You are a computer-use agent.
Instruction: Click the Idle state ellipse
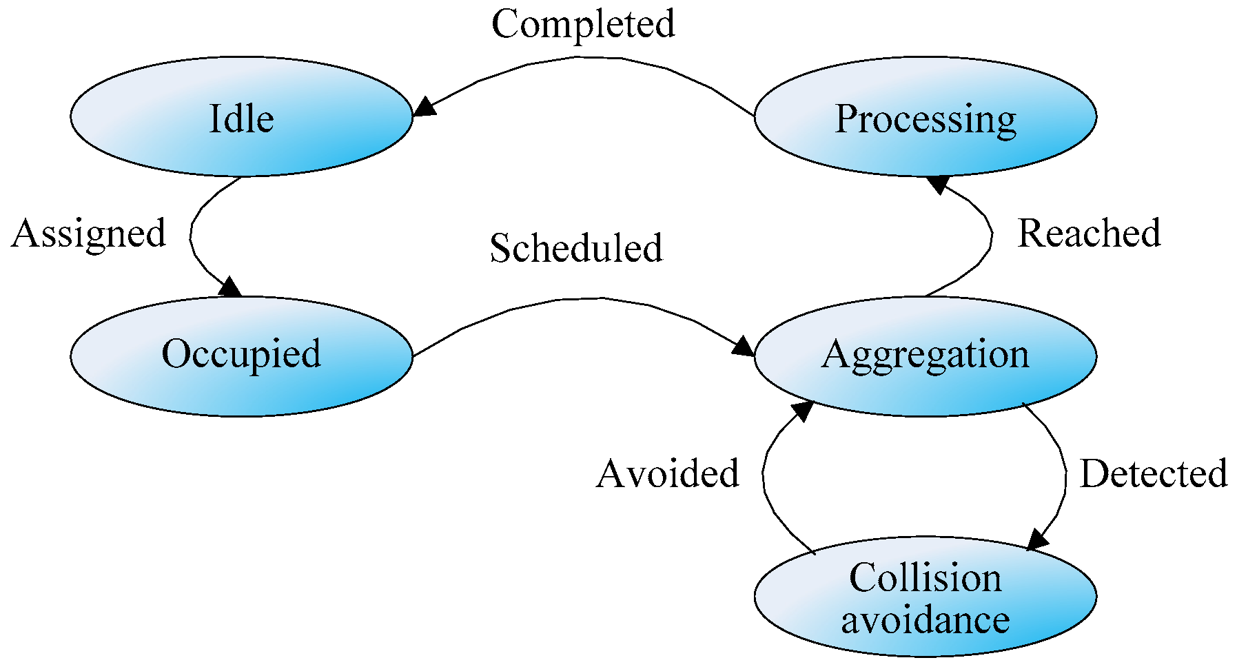(x=241, y=117)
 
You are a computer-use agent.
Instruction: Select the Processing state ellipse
(x=925, y=117)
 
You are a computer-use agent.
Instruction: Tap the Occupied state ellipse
(x=241, y=356)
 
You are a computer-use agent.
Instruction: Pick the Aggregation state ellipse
(x=925, y=356)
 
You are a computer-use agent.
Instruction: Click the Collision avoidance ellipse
(x=925, y=597)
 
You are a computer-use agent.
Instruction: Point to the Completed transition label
(x=583, y=25)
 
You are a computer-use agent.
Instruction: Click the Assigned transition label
(x=89, y=234)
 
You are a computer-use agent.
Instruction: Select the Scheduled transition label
(x=576, y=248)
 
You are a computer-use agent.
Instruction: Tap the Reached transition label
(x=1089, y=234)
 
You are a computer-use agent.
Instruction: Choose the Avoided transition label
(x=668, y=474)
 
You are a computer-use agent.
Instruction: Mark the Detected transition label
(x=1154, y=474)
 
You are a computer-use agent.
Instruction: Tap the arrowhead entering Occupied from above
(x=230, y=287)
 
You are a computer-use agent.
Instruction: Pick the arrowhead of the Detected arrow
(x=1037, y=539)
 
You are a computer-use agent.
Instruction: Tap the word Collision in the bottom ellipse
(x=925, y=577)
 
